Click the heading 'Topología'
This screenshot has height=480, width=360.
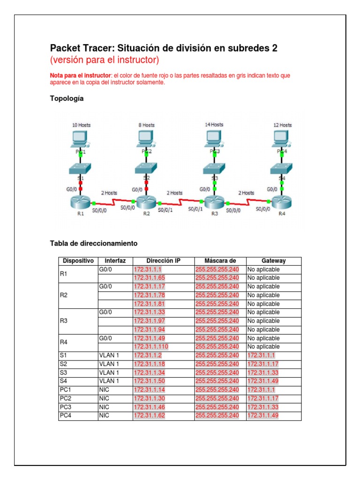[x=67, y=98]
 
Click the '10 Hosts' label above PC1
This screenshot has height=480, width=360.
[x=81, y=125]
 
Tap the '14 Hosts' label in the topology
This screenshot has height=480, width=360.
[x=214, y=125]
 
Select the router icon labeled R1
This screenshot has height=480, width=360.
[x=80, y=202]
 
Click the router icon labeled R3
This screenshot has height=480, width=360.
[x=215, y=202]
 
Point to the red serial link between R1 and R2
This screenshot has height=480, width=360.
[x=112, y=202]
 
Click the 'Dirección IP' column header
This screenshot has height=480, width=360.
[x=163, y=261]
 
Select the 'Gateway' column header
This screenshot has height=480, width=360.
[x=273, y=261]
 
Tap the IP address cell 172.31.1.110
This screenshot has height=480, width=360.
[x=150, y=347]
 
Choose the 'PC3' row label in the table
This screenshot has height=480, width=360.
[x=66, y=407]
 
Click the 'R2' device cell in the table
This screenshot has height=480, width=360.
[x=64, y=295]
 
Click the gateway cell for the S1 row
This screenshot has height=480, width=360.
[x=261, y=356]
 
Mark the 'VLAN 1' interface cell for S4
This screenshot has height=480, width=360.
[x=109, y=381]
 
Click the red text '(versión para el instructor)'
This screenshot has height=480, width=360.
[x=105, y=60]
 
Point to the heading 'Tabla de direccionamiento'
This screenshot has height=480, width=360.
[x=93, y=243]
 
